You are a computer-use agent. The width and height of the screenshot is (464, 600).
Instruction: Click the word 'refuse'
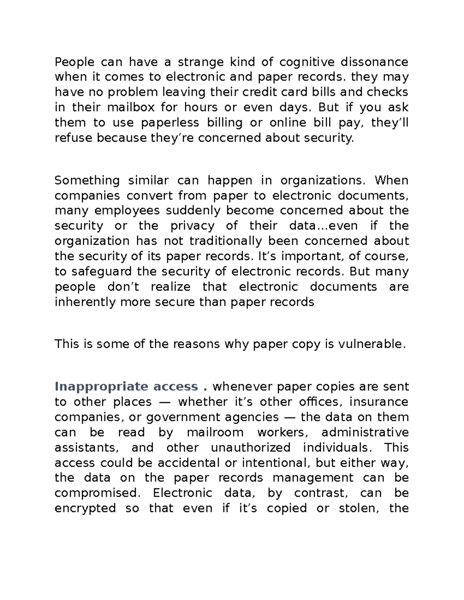coord(74,138)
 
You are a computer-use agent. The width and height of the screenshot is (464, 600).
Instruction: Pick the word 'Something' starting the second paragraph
coord(87,180)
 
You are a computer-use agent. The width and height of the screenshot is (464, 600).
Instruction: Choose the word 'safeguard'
coord(102,271)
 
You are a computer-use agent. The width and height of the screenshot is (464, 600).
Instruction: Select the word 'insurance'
coord(379,402)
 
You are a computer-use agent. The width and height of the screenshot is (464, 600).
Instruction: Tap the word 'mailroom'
coord(215,432)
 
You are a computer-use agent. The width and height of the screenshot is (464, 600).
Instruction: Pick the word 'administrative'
coord(365,432)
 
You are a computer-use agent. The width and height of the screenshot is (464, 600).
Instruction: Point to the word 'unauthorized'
coord(251,447)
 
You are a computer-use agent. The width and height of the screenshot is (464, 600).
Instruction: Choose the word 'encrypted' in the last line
coord(85,508)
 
